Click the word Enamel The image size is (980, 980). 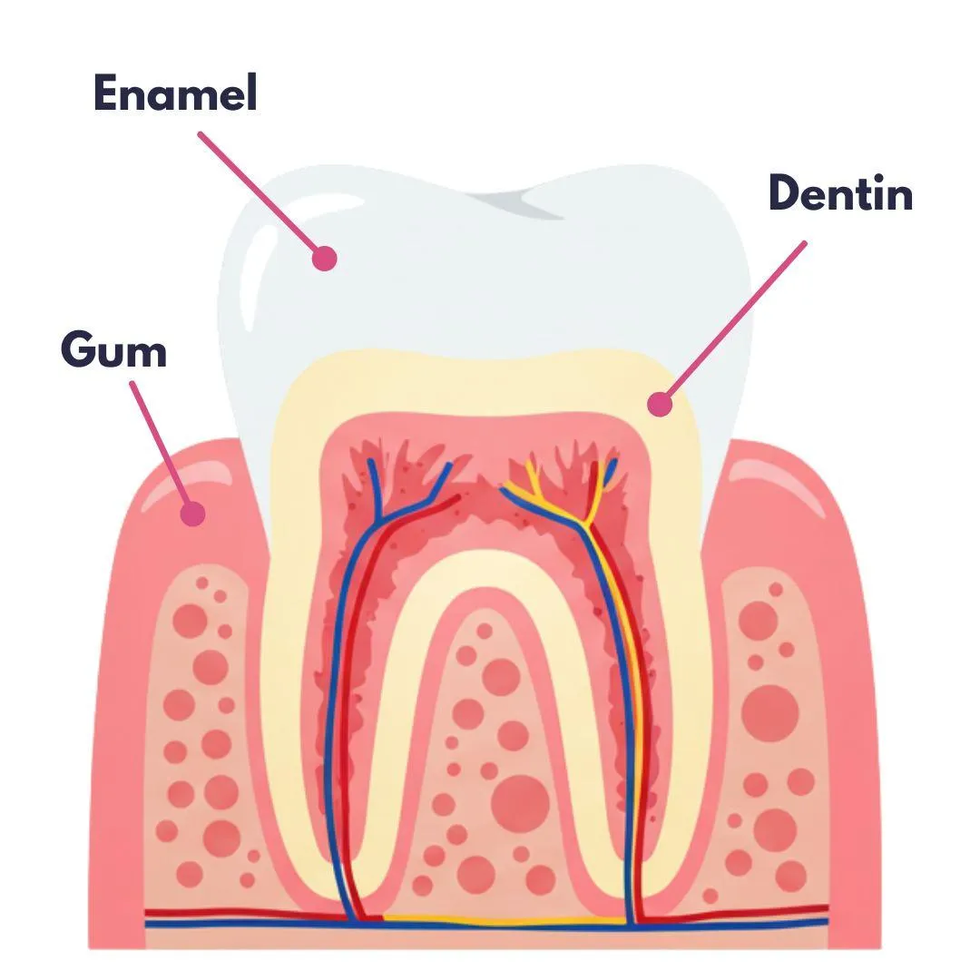tap(175, 93)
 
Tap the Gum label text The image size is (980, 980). tap(114, 349)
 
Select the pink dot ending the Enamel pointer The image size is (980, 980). tap(324, 259)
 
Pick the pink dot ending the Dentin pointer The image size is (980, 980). tap(661, 405)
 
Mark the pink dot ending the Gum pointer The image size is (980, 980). tap(192, 514)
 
